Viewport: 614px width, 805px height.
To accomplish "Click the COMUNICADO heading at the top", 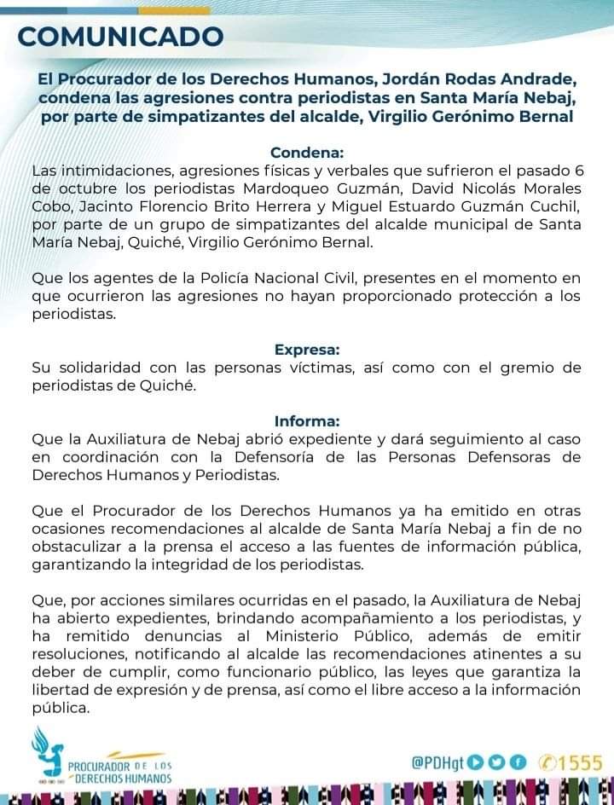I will [120, 37].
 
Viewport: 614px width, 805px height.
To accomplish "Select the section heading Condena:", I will [307, 153].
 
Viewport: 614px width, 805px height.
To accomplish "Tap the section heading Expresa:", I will [307, 349].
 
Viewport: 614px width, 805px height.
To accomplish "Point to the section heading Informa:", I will [307, 420].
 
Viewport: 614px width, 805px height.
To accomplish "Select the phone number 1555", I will [580, 762].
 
